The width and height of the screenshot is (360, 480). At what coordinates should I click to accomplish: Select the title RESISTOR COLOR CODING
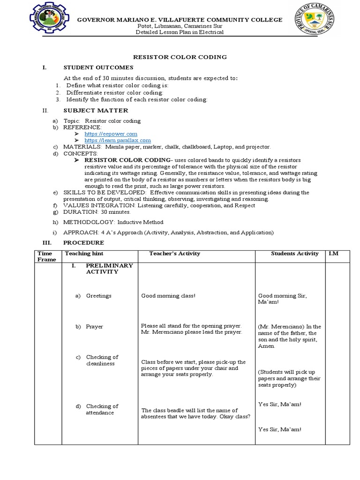pos(180,57)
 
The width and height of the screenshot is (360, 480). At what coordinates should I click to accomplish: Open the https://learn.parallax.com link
pos(118,140)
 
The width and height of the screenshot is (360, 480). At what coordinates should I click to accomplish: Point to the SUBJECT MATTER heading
pos(96,111)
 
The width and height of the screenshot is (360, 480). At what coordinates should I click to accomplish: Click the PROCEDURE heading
pos(84,243)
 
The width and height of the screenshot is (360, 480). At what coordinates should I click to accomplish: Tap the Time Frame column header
pos(46,256)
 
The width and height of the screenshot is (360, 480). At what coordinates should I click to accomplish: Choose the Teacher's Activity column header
pos(174,254)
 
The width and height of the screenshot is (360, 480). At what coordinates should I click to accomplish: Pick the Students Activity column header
pos(295,254)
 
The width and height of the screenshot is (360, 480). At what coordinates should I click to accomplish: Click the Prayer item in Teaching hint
pos(94,327)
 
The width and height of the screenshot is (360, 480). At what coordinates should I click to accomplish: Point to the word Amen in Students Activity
pos(266,346)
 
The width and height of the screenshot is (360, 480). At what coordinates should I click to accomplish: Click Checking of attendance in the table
pos(102,409)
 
